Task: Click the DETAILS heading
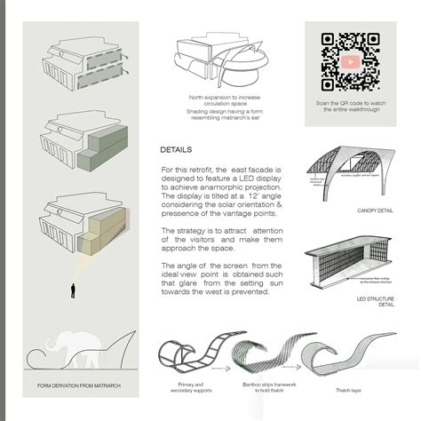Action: click(176, 150)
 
